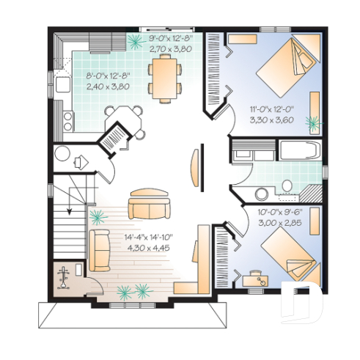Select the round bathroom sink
[x=260, y=194]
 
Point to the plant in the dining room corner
[x=136, y=40]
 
